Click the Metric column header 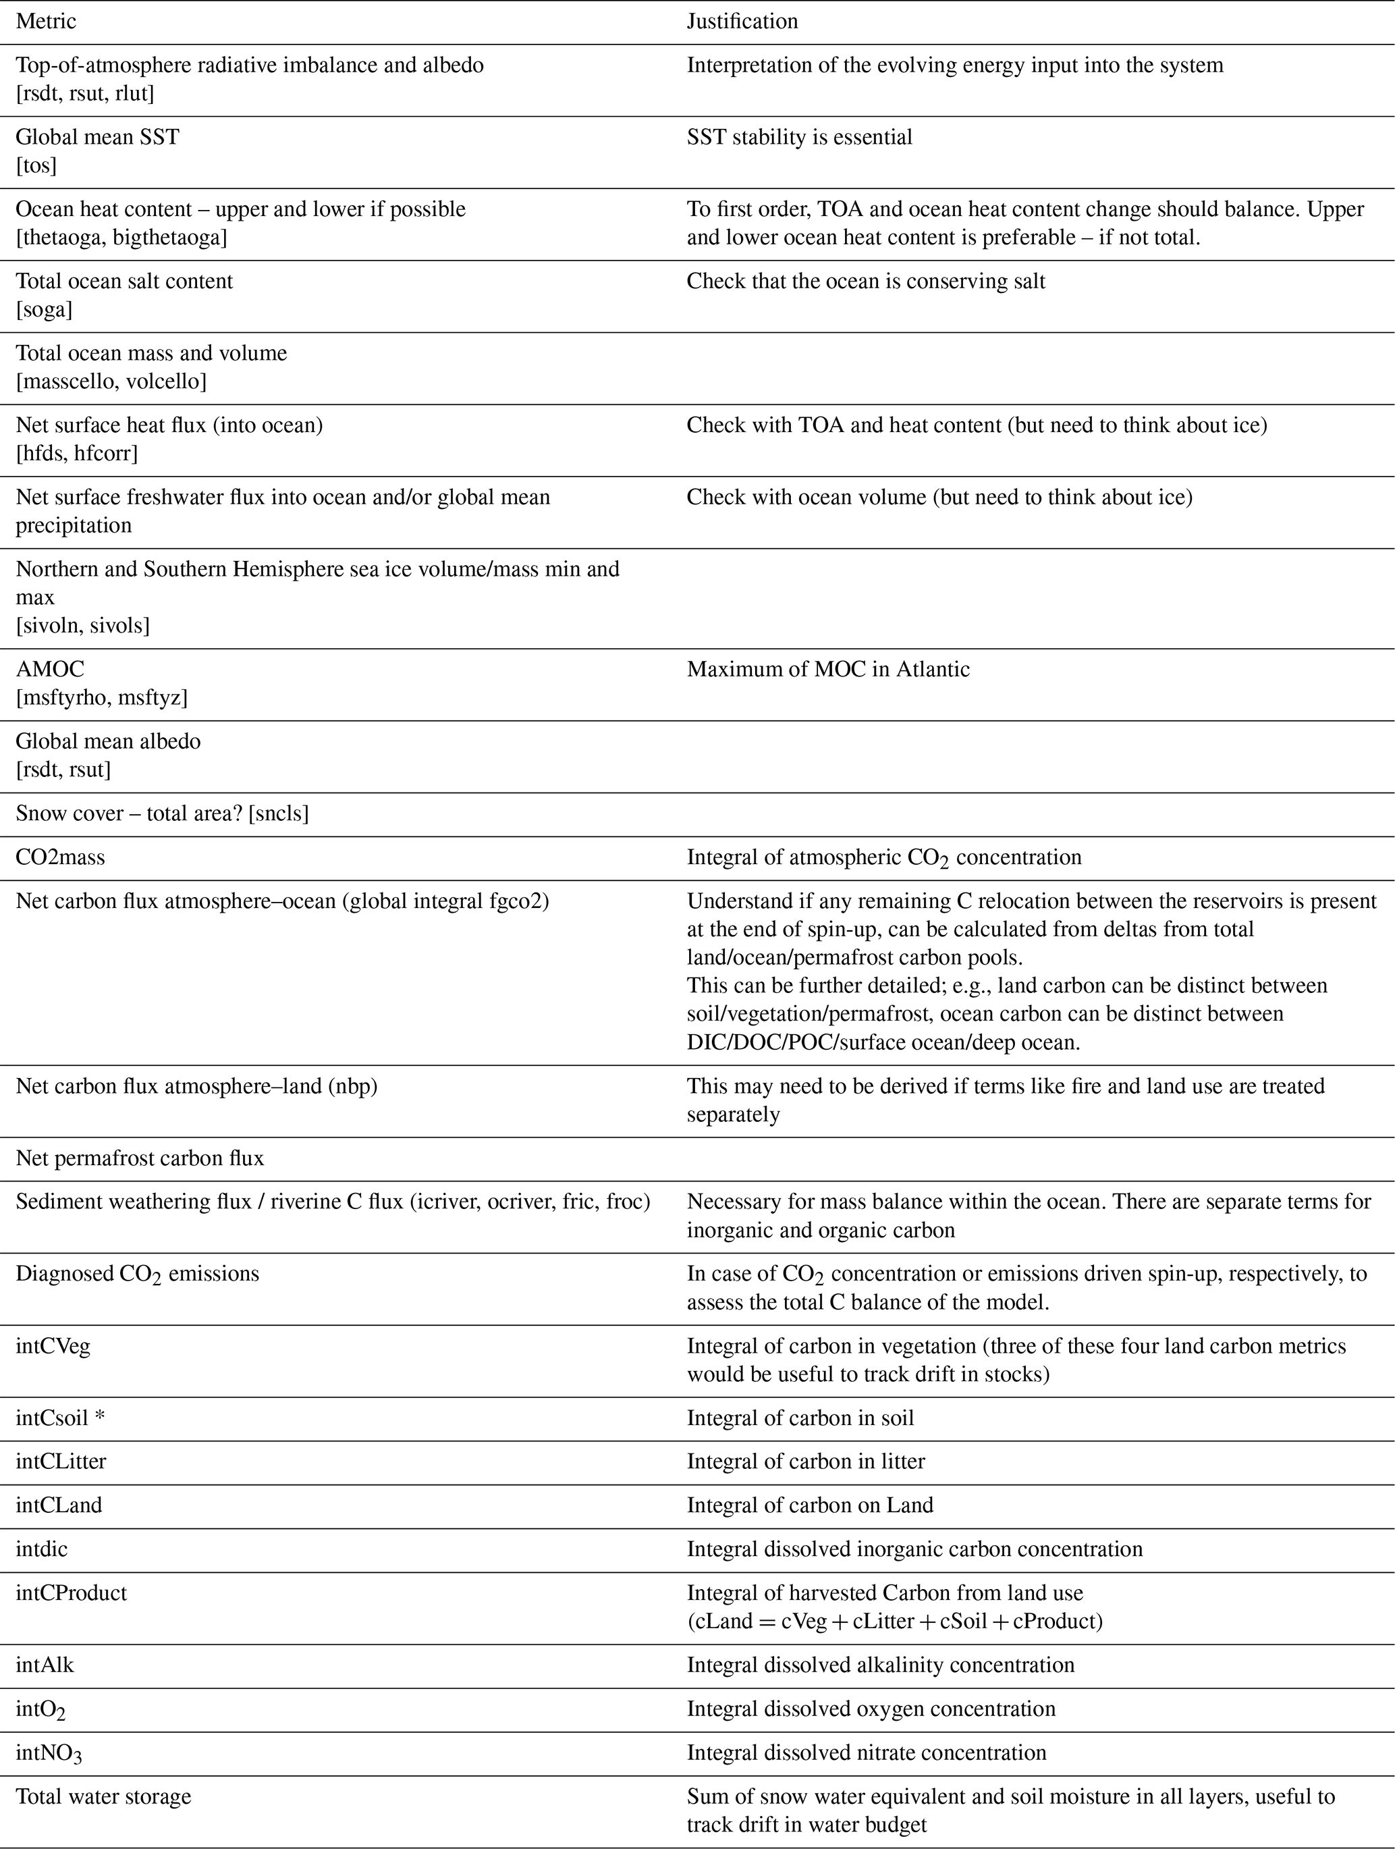pos(46,21)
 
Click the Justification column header pos(742,21)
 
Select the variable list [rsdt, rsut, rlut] pos(85,94)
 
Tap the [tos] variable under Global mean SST pos(36,165)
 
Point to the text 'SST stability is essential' pos(799,137)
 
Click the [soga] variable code pos(45,309)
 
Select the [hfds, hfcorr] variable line pos(77,453)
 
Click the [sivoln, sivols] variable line pos(83,625)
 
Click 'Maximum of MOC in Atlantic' pos(827,669)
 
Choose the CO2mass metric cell pos(60,857)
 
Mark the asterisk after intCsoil pos(99,1418)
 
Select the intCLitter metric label pos(61,1461)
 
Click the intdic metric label pos(42,1549)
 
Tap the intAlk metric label pos(45,1664)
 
